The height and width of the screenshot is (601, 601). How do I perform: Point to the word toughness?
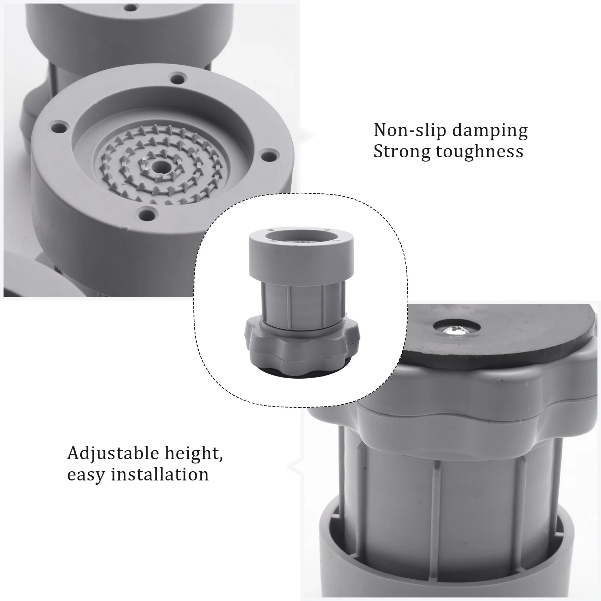click(x=479, y=151)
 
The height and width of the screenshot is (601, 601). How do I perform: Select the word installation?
click(x=160, y=474)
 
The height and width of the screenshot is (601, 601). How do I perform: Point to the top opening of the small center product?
click(x=301, y=235)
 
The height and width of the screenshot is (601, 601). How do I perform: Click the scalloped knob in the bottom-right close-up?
click(x=460, y=407)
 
